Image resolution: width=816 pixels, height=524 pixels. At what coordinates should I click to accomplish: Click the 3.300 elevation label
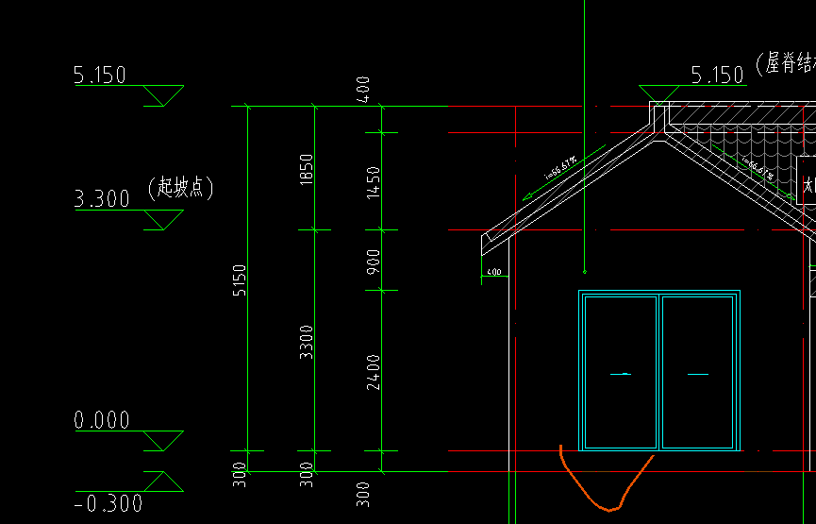102,199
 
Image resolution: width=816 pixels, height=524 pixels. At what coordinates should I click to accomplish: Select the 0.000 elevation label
102,420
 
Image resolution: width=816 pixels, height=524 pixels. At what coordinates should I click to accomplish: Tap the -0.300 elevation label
108,503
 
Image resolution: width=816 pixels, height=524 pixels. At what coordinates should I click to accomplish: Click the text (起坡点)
181,187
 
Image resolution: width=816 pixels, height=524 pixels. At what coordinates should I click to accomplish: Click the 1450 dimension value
375,181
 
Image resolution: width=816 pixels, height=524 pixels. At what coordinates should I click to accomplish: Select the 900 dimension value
375,261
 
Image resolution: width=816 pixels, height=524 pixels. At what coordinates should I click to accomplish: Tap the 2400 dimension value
375,371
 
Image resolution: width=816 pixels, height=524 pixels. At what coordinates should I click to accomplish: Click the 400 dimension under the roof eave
493,273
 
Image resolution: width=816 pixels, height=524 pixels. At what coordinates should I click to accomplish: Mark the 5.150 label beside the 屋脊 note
718,76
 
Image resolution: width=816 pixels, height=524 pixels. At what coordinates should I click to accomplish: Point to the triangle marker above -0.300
164,482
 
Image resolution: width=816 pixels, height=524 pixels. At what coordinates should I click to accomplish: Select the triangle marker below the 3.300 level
164,220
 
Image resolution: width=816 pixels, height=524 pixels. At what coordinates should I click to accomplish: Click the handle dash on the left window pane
620,375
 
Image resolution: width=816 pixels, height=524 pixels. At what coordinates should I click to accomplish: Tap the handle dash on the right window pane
698,375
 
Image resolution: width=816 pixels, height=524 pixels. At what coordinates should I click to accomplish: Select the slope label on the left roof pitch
562,169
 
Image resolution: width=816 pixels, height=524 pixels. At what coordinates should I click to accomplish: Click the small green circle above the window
585,272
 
